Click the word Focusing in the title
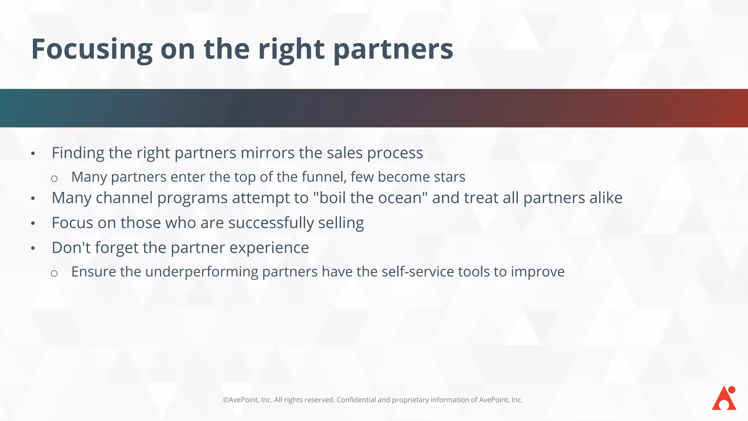point(92,49)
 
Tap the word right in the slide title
point(291,49)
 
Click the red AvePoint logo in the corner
point(724,398)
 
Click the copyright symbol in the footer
point(226,400)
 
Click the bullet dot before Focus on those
point(33,223)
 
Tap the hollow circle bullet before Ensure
point(54,273)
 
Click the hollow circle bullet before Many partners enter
point(54,179)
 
